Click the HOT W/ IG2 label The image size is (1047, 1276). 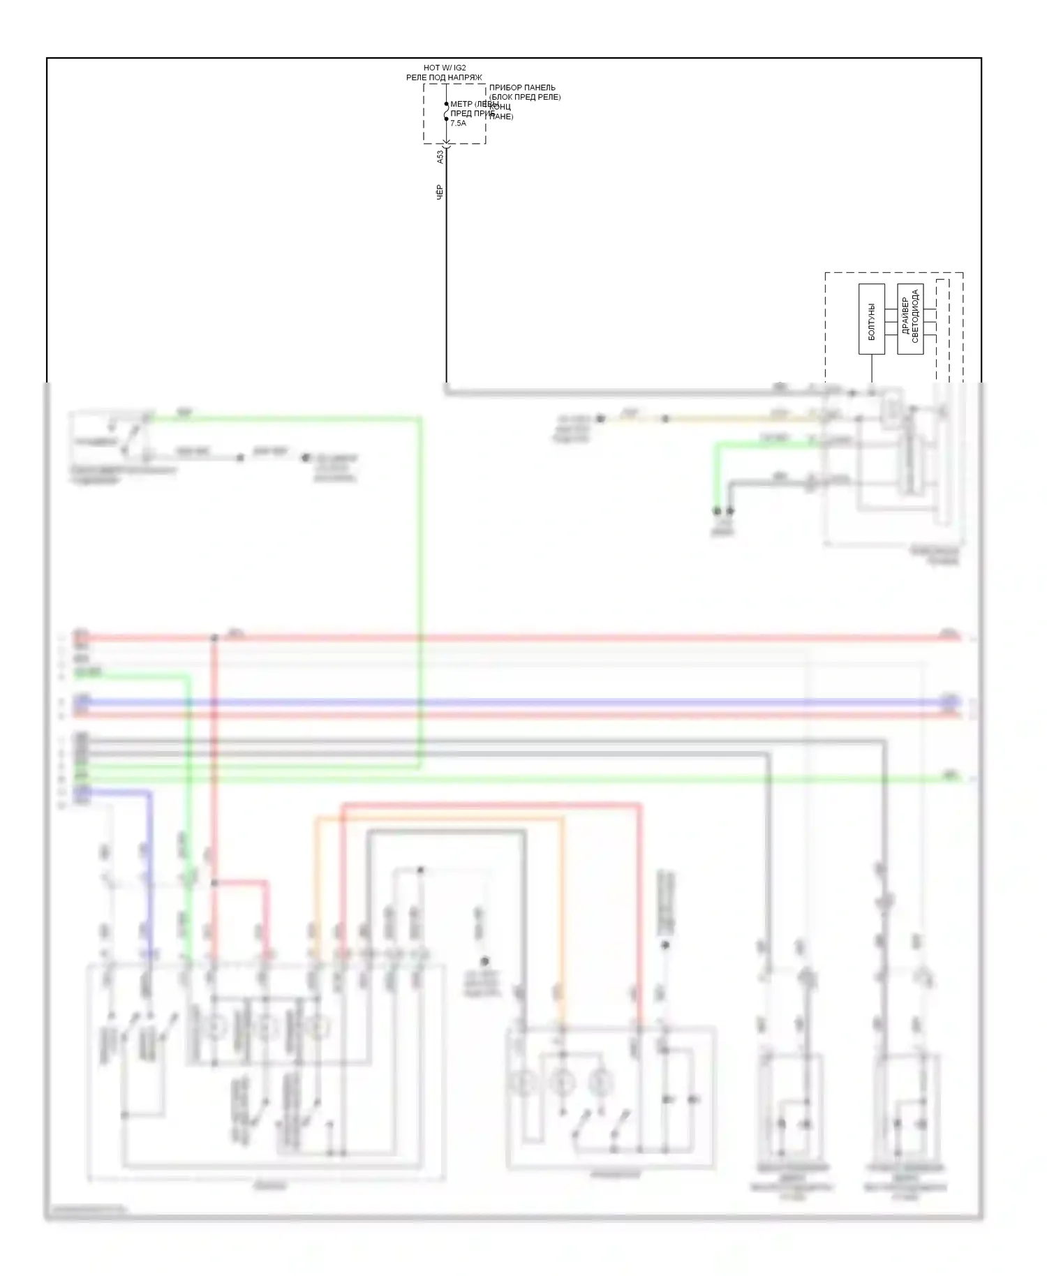445,68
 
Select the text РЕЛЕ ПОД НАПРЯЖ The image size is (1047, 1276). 444,77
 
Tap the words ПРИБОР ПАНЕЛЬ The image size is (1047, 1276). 522,88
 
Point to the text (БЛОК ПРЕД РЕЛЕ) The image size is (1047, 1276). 525,97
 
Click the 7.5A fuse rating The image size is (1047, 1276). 458,123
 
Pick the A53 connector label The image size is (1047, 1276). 440,157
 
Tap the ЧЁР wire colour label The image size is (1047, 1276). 440,192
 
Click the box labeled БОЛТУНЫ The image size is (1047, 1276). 871,319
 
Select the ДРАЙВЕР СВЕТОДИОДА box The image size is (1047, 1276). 910,319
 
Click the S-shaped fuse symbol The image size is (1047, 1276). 447,112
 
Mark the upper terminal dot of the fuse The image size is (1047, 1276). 447,104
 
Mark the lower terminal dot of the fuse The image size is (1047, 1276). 447,119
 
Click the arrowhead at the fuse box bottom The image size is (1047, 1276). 447,145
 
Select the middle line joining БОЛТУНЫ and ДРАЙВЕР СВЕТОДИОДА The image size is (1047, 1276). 891,320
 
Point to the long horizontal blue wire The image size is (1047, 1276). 517,702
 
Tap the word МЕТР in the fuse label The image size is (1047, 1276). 461,104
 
